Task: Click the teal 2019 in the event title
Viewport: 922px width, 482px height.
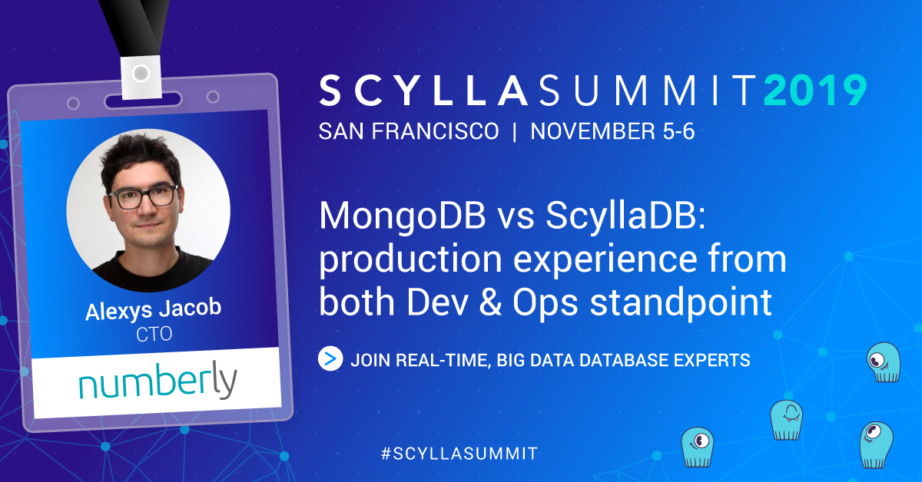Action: click(x=815, y=90)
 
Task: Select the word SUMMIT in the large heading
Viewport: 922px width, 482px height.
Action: click(x=648, y=90)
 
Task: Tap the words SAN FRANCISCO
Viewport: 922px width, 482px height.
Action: click(x=409, y=131)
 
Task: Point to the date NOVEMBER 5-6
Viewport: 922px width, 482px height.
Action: click(x=612, y=131)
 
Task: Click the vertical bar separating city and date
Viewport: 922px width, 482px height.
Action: click(x=515, y=131)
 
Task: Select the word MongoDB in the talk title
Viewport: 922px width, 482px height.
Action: click(x=402, y=216)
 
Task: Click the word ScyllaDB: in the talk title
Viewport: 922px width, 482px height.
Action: click(x=626, y=216)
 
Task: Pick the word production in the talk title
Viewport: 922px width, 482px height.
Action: click(x=410, y=260)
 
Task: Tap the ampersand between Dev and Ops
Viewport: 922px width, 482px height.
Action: click(x=490, y=302)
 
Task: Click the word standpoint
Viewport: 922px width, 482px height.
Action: click(x=681, y=303)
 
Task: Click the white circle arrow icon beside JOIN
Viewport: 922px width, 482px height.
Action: click(x=330, y=358)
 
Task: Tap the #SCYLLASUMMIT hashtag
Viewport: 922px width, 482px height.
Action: click(x=459, y=454)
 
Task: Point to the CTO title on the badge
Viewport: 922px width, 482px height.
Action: click(x=154, y=334)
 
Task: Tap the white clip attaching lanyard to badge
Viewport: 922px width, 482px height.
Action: click(x=141, y=78)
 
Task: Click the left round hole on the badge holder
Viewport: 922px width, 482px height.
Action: click(x=73, y=103)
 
